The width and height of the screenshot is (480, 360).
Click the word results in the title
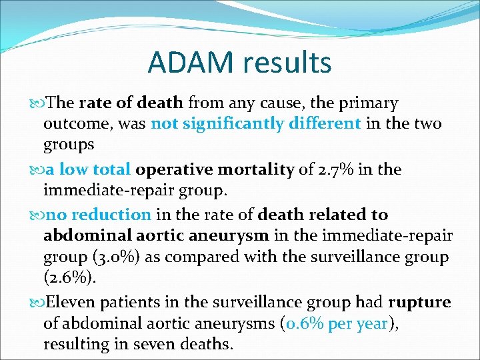tap(287, 63)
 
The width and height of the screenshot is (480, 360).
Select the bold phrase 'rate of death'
tap(131, 103)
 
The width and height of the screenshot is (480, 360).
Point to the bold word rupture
tap(419, 303)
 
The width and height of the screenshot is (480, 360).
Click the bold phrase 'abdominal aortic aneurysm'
tap(156, 236)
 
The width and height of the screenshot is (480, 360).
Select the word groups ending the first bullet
tap(69, 145)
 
